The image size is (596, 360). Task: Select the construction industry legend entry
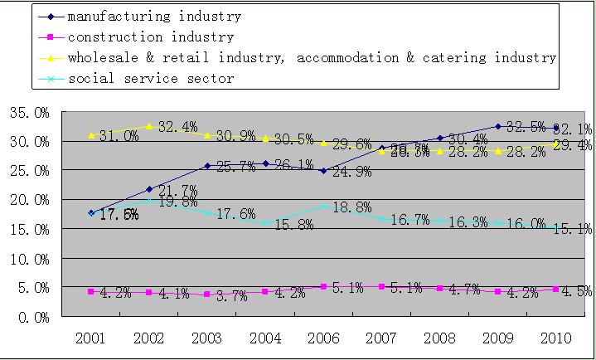pos(151,36)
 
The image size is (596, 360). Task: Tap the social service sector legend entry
pos(151,79)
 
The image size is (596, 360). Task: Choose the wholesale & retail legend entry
pos(312,58)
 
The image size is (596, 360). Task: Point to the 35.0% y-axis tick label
pos(29,112)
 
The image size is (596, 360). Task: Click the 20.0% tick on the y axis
pos(29,200)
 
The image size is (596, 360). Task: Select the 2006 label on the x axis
pos(323,338)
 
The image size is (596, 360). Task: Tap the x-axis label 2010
pos(555,338)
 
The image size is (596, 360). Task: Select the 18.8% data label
pos(351,206)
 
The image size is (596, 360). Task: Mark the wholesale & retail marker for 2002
pos(149,126)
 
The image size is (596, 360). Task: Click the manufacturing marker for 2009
pos(497,126)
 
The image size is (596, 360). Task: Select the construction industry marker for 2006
pos(323,287)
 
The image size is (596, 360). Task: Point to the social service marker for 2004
pos(265,223)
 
